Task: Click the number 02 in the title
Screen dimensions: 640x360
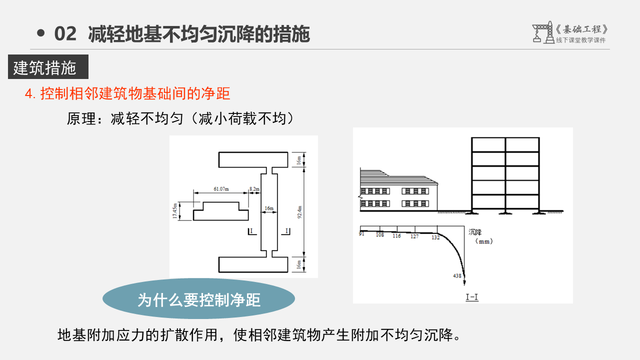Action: click(x=65, y=34)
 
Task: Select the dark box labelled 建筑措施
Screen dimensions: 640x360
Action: click(x=48, y=67)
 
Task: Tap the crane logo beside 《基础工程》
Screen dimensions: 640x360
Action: click(x=543, y=32)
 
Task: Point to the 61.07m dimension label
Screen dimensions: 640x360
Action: click(x=220, y=189)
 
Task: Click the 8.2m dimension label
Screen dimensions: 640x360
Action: click(x=254, y=189)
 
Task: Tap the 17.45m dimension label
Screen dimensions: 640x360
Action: click(x=175, y=210)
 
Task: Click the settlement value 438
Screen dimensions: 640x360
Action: click(x=457, y=276)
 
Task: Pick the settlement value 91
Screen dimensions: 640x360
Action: click(x=361, y=233)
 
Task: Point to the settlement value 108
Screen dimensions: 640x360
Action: click(x=380, y=234)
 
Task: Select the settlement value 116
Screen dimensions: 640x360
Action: click(x=396, y=236)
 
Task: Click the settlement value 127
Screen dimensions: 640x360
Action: click(x=414, y=236)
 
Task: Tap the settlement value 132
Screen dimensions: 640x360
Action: click(x=435, y=237)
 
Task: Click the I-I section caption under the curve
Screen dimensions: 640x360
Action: click(x=472, y=297)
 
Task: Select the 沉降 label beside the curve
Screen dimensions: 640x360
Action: click(x=475, y=231)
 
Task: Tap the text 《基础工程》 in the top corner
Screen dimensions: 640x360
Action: click(x=582, y=29)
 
